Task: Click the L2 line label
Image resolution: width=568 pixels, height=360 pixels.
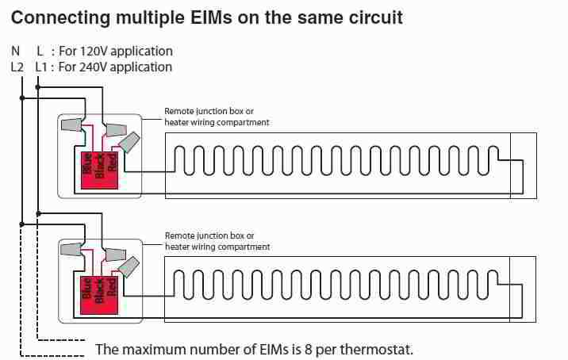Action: [x=17, y=67]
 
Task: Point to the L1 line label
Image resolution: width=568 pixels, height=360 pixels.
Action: [x=41, y=67]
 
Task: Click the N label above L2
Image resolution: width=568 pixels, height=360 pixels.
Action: [x=16, y=52]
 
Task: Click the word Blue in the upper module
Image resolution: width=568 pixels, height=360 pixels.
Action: [x=86, y=163]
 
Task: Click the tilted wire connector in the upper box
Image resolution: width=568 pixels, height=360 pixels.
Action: [x=129, y=143]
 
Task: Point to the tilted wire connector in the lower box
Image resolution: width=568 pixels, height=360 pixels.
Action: [x=129, y=267]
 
